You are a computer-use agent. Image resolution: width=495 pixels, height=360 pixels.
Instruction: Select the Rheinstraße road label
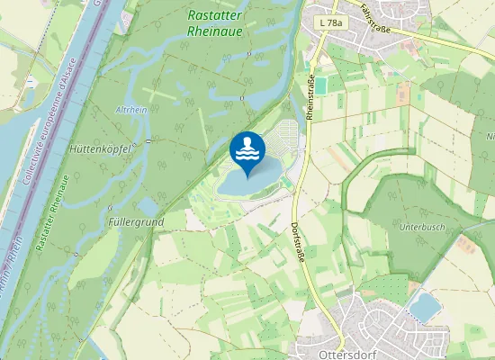click(x=310, y=96)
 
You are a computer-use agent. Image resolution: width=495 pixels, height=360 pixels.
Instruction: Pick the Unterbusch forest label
click(x=422, y=228)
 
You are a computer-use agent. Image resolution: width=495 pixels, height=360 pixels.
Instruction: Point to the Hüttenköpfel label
click(x=100, y=150)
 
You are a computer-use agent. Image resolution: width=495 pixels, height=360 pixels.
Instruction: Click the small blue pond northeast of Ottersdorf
click(x=424, y=307)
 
